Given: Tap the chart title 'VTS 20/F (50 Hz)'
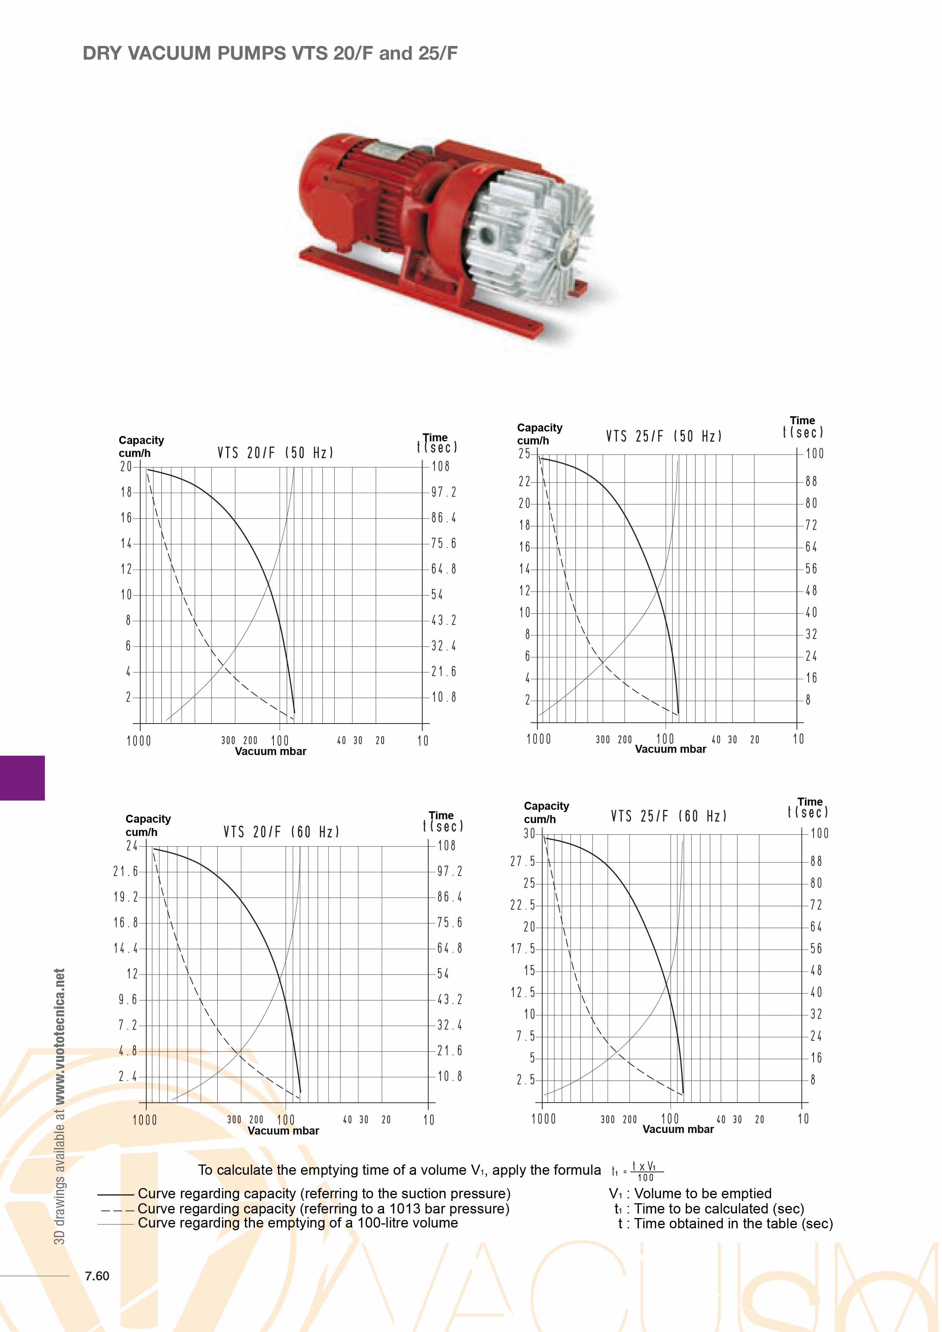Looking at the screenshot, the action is pyautogui.click(x=275, y=452).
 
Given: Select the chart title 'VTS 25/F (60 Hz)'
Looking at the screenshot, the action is pyautogui.click(x=669, y=816).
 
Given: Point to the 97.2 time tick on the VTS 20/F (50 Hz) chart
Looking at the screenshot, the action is pyautogui.click(x=444, y=492).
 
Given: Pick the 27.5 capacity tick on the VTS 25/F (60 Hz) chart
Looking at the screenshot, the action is pyautogui.click(x=523, y=861).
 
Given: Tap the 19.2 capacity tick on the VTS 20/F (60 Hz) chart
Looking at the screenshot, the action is pyautogui.click(x=126, y=897).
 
